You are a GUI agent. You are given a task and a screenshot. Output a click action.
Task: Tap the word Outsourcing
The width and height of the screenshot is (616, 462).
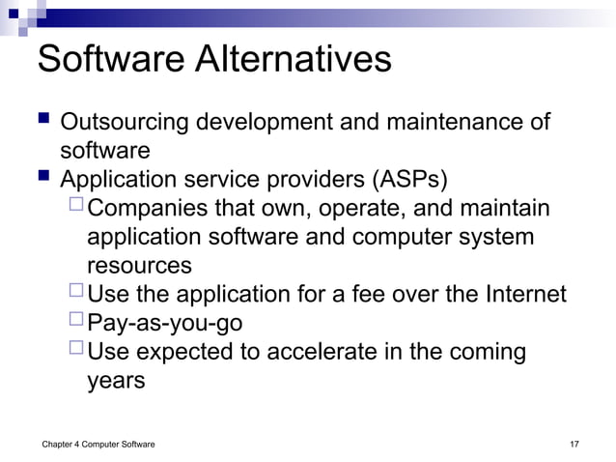tap(124, 124)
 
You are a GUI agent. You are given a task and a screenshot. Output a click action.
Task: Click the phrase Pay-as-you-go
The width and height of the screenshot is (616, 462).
tap(165, 322)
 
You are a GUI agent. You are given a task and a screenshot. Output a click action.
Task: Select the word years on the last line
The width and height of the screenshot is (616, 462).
tap(116, 380)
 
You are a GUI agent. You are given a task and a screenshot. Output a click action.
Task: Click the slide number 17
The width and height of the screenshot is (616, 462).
tap(574, 444)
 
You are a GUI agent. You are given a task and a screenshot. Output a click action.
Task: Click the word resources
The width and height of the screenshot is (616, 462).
tap(139, 266)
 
